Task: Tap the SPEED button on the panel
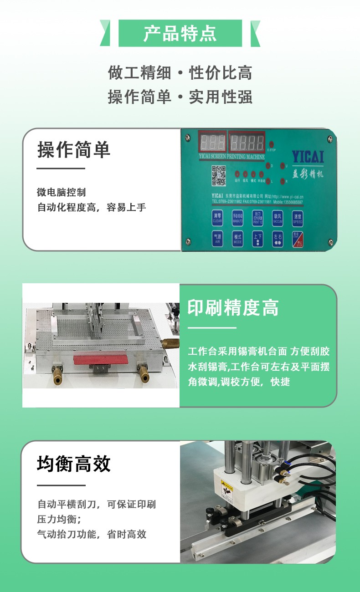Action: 297,217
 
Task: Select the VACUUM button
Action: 278,217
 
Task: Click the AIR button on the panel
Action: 217,239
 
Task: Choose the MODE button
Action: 237,239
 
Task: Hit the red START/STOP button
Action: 297,239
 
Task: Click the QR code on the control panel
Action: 219,176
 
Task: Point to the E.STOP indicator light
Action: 271,144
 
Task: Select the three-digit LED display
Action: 212,142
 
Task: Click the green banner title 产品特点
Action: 180,34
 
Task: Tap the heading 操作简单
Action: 74,149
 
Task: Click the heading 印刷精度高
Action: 233,308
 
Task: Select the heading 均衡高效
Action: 74,464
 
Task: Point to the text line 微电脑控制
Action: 61,192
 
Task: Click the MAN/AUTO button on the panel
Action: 237,217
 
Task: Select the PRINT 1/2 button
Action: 257,217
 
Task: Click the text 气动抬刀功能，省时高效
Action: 92,534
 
